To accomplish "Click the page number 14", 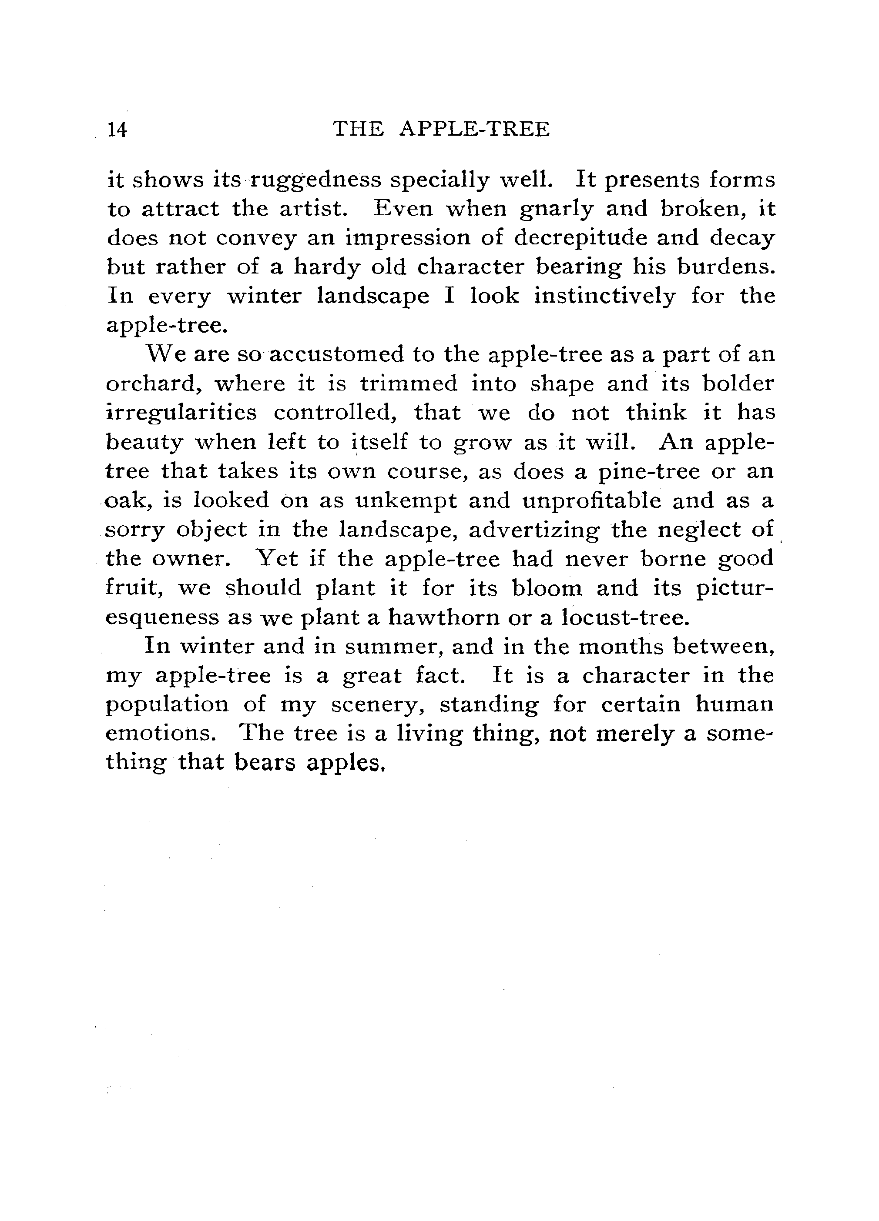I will point(117,130).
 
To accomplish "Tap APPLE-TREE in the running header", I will point(474,129).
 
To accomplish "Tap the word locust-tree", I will point(625,617).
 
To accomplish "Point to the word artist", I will point(312,210).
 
